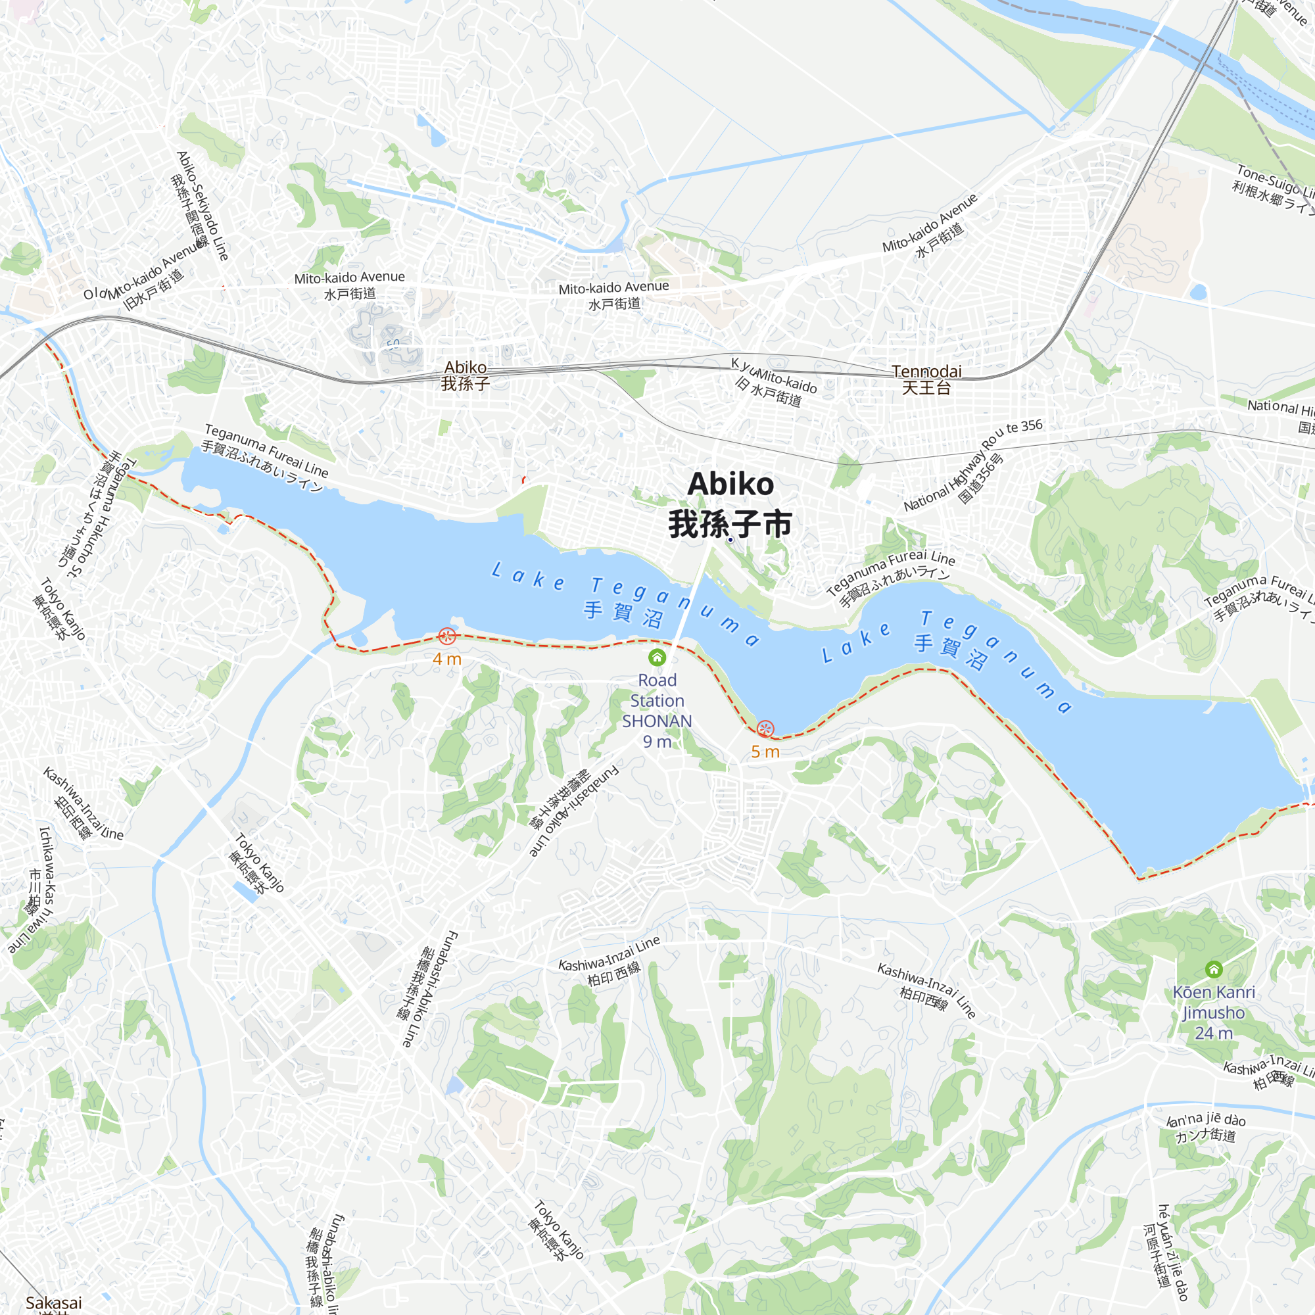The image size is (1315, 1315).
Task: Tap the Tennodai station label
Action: pyautogui.click(x=926, y=379)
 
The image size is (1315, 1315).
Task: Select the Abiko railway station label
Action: pyautogui.click(x=466, y=375)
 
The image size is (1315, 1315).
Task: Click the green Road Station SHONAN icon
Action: pyautogui.click(x=657, y=657)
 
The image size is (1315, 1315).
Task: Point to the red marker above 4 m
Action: pyautogui.click(x=447, y=636)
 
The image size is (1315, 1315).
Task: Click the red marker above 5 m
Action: pyautogui.click(x=766, y=729)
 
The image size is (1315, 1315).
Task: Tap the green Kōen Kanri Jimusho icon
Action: pyautogui.click(x=1214, y=968)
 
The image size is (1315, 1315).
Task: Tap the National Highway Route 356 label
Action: pyautogui.click(x=973, y=466)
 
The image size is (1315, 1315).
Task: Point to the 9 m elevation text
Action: pyautogui.click(x=657, y=742)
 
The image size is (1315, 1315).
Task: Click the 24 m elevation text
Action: pyautogui.click(x=1214, y=1033)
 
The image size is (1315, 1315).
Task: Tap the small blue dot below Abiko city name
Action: pyautogui.click(x=730, y=540)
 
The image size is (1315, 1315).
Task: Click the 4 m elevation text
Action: pyautogui.click(x=447, y=659)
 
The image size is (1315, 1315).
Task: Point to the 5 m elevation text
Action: pyautogui.click(x=765, y=752)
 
